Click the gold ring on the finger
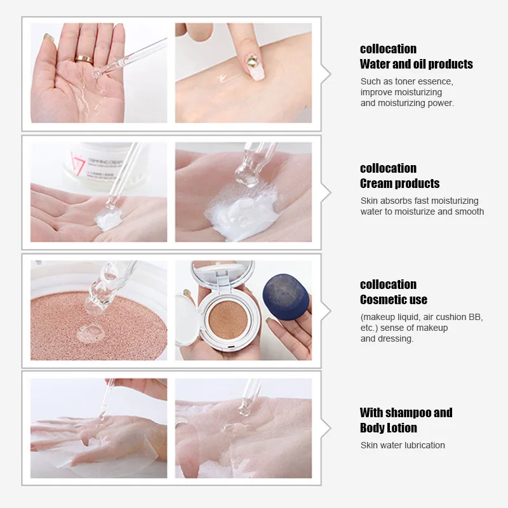pyautogui.click(x=84, y=58)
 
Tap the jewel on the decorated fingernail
pyautogui.click(x=252, y=61)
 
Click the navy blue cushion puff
pyautogui.click(x=286, y=297)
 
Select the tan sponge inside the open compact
pyautogui.click(x=225, y=319)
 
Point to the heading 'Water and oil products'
pyautogui.click(x=416, y=64)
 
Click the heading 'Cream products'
pyautogui.click(x=399, y=184)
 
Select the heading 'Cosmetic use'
pyautogui.click(x=393, y=299)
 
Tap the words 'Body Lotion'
pyautogui.click(x=388, y=427)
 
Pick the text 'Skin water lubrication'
pyautogui.click(x=403, y=445)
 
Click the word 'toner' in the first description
pyautogui.click(x=406, y=81)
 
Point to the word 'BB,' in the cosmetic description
pyautogui.click(x=475, y=317)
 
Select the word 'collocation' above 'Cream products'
pyautogui.click(x=388, y=168)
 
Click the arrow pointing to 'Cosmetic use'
pyautogui.click(x=326, y=311)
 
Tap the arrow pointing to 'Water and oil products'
pyautogui.click(x=326, y=74)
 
